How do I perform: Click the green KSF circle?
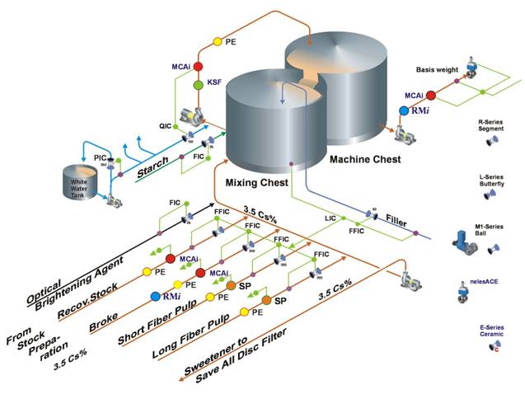pos(198,85)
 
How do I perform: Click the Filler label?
pos(402,219)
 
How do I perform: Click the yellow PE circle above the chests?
pos(218,41)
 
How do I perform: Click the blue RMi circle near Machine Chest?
pos(404,110)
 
